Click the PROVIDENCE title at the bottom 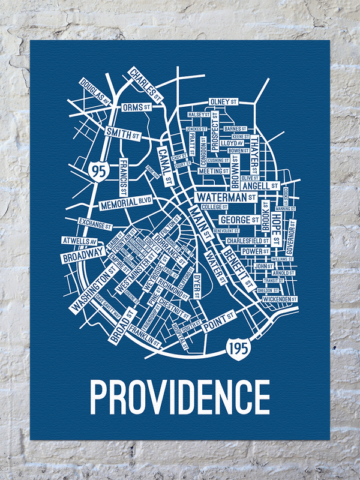point(179,396)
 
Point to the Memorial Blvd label point(127,202)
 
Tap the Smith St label point(124,134)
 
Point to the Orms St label point(136,107)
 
